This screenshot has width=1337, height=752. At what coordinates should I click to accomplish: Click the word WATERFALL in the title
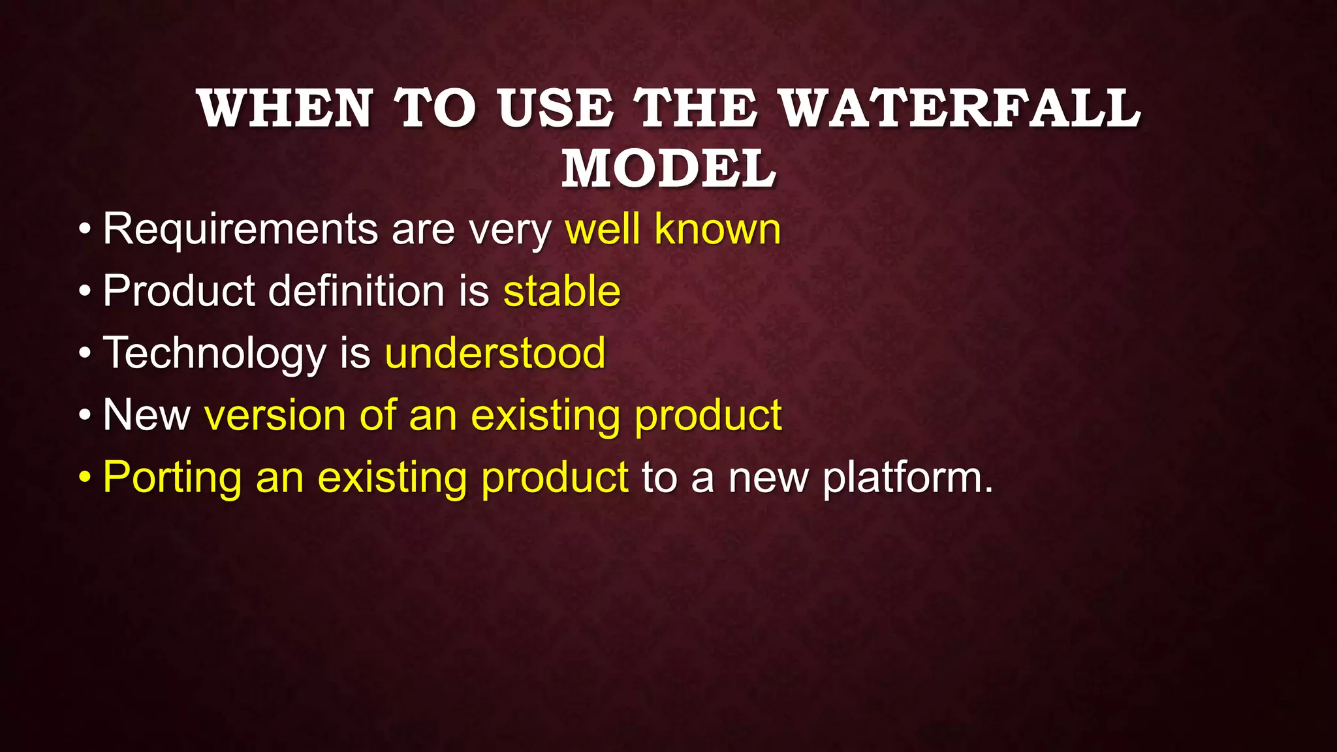tap(960, 108)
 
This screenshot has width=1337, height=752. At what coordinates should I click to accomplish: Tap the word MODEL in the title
tap(668, 168)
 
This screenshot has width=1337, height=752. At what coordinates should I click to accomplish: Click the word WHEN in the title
tap(285, 108)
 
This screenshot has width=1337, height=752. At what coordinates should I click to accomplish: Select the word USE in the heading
tap(556, 108)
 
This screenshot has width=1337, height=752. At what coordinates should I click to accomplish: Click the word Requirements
tap(240, 230)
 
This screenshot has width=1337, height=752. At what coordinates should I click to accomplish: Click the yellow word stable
tap(561, 291)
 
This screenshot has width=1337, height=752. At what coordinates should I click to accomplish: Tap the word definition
tap(356, 291)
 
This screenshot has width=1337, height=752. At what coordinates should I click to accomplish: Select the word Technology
tap(214, 354)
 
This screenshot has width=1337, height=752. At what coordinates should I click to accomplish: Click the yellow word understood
tap(495, 354)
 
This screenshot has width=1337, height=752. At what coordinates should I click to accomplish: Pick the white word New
tap(146, 415)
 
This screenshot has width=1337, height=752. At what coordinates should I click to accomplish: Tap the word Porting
tap(172, 478)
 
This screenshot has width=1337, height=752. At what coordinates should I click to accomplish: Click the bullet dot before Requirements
tap(84, 230)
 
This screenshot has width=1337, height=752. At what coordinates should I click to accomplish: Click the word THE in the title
tap(696, 108)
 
